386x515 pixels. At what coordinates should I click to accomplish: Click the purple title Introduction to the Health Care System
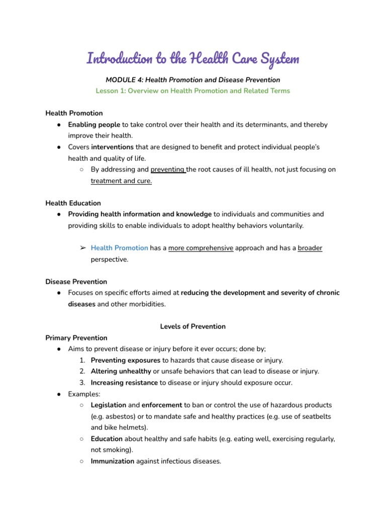pyautogui.click(x=193, y=59)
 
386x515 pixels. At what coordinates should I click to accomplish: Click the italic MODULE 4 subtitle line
pyautogui.click(x=193, y=79)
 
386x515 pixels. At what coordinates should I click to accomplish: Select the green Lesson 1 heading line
pyautogui.click(x=193, y=91)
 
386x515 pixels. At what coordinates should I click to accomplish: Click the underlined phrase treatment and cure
pyautogui.click(x=121, y=181)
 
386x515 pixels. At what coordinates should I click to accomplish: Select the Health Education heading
pyautogui.click(x=73, y=203)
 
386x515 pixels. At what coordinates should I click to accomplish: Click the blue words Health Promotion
pyautogui.click(x=119, y=248)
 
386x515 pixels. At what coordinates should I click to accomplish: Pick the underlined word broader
pyautogui.click(x=310, y=248)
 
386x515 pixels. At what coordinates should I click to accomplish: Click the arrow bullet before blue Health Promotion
pyautogui.click(x=83, y=248)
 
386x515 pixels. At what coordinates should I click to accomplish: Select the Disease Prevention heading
pyautogui.click(x=76, y=282)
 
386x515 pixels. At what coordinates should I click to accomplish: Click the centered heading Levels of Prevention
pyautogui.click(x=193, y=326)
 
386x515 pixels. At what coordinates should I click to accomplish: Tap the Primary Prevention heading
pyautogui.click(x=76, y=337)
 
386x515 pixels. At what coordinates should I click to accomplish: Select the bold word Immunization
pyautogui.click(x=112, y=461)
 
